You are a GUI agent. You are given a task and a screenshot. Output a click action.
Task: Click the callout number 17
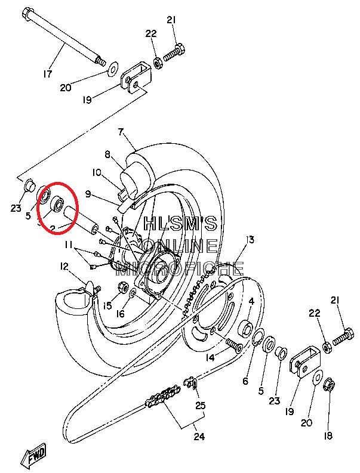point(48,74)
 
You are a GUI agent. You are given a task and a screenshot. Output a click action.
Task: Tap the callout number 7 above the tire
point(121,132)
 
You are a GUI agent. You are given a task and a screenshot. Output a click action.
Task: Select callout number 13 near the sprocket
point(250,240)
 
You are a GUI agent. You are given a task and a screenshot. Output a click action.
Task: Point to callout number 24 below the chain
point(199,437)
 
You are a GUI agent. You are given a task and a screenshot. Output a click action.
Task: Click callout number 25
point(201,406)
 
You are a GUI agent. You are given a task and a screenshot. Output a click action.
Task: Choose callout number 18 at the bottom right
point(328,436)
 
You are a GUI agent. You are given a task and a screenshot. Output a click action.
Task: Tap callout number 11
point(69,245)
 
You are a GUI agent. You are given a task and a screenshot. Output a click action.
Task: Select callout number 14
point(210,358)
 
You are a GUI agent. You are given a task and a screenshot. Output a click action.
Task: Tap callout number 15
point(107,306)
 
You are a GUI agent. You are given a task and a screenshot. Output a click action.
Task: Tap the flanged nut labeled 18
point(328,387)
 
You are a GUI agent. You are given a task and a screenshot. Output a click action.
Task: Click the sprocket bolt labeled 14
point(232,345)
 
